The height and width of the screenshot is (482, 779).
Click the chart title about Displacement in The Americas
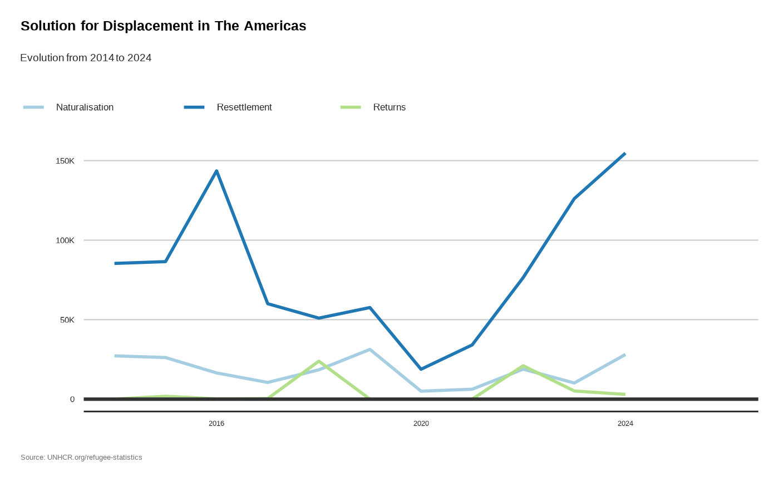tap(163, 26)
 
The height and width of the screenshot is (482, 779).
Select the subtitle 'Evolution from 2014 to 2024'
tap(86, 58)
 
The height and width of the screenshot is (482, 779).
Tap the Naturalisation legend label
tap(85, 107)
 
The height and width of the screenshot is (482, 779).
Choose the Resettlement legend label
tap(244, 107)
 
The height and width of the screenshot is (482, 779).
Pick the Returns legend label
tap(389, 107)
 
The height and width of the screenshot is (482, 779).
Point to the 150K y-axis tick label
tap(65, 161)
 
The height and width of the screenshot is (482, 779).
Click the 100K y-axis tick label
tap(65, 240)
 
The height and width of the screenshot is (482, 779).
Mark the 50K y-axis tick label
tap(66, 320)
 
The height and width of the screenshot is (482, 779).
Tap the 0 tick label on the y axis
tap(72, 400)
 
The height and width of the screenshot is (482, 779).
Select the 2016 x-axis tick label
tap(216, 424)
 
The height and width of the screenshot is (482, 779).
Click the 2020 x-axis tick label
tap(421, 424)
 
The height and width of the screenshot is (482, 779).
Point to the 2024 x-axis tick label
tap(625, 424)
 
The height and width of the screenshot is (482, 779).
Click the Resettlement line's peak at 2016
tap(216, 171)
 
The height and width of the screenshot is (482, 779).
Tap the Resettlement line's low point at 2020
tap(421, 369)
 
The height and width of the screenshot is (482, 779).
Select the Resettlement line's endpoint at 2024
tap(625, 154)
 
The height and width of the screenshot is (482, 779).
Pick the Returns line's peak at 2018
tap(319, 361)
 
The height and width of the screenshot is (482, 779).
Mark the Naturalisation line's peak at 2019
tap(369, 350)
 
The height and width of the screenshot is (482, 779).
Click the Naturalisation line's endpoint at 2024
tap(625, 355)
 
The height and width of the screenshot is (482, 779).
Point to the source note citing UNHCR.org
tap(81, 458)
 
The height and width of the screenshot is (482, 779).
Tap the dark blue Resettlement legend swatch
tap(194, 107)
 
